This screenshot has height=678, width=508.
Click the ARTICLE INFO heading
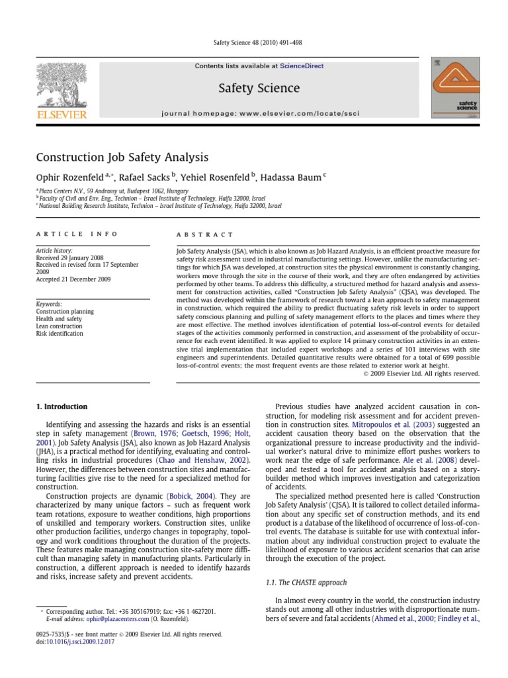76,234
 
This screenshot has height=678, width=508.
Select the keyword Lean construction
60,326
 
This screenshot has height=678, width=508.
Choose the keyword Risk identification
60,334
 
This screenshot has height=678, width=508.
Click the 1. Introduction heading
61,406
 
